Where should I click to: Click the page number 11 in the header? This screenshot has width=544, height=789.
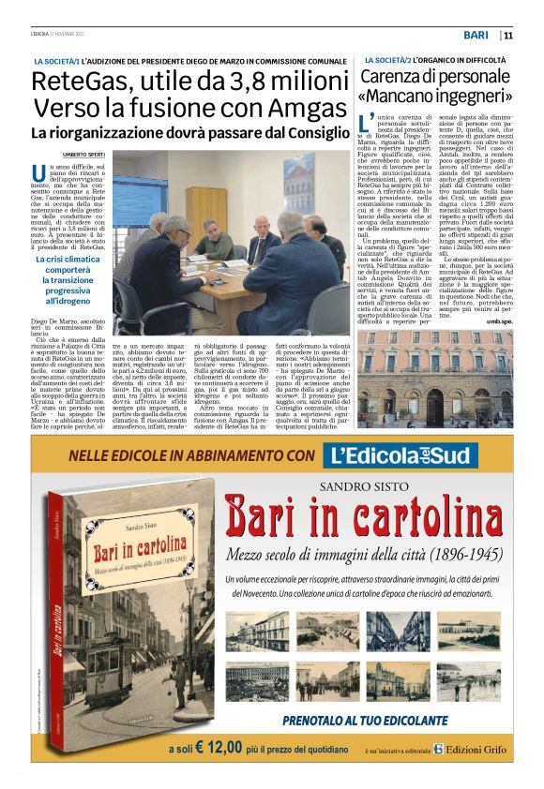pos(507,36)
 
